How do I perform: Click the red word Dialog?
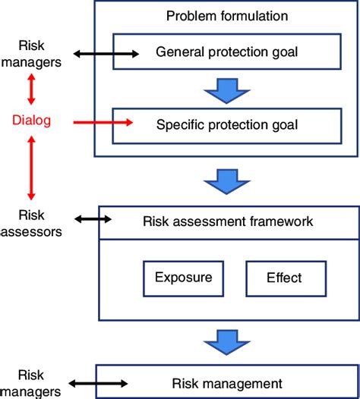tap(31, 119)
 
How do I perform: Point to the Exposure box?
tap(184, 278)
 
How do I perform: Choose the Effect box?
tap(286, 278)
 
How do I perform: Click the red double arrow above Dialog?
tap(31, 90)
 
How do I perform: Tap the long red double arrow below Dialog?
tap(31, 167)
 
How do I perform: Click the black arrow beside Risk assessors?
tap(93, 220)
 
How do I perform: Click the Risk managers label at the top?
tap(31, 53)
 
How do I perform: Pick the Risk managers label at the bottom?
tap(31, 383)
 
